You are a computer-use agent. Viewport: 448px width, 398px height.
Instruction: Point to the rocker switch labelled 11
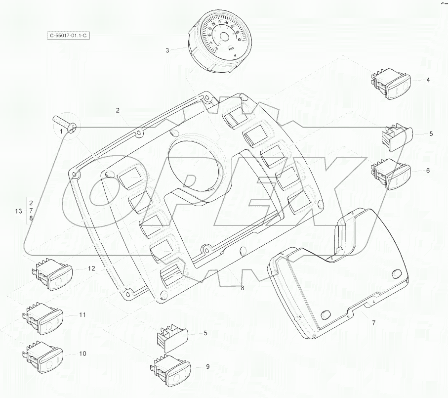coord(43,317)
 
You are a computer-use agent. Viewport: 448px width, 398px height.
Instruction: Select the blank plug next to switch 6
coord(397,136)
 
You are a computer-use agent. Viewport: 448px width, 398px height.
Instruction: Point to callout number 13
coord(18,211)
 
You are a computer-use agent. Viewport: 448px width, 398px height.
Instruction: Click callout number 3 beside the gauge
coord(167,51)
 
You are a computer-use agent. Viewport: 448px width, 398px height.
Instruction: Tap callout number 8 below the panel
coord(242,288)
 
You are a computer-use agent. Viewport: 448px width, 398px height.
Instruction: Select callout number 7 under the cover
coord(373,323)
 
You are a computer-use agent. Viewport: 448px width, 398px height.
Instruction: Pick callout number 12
coord(91,268)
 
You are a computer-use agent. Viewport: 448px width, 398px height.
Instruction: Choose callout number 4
coord(428,80)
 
